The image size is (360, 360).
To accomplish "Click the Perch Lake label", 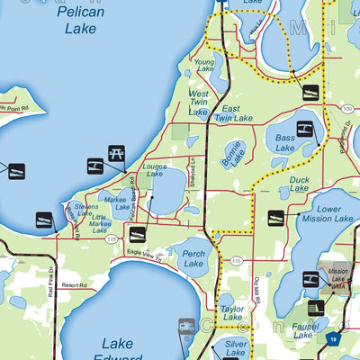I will [193, 256].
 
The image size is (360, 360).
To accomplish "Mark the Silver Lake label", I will [236, 348].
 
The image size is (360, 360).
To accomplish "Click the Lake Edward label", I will [118, 349].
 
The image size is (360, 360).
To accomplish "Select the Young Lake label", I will [206, 66].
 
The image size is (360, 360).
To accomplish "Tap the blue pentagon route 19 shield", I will [334, 339].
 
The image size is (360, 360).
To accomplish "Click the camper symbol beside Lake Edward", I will [187, 326].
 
